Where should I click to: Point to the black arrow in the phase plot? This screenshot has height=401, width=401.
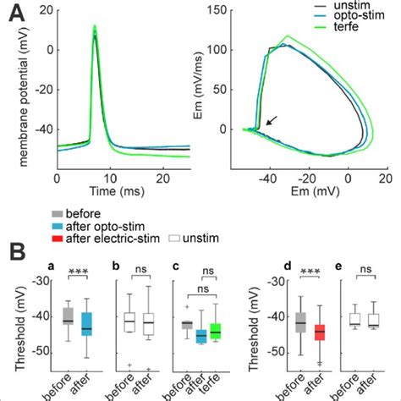coord(268,123)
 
